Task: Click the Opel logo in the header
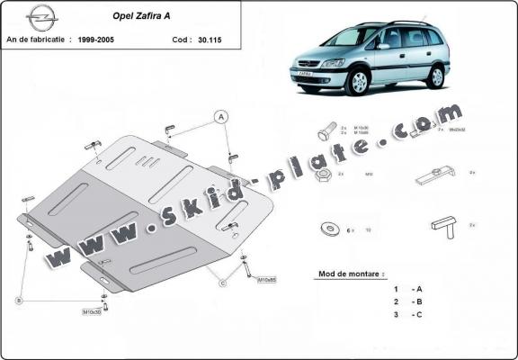pos(41,15)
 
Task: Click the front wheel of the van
pos(358,82)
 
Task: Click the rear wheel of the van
pos(436,76)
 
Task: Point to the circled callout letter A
pos(219,115)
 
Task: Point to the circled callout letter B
pos(18,301)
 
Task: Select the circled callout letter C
pos(221,283)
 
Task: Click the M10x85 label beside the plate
pos(268,279)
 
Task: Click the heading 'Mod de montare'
pos(352,273)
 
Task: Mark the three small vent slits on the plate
pos(144,161)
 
